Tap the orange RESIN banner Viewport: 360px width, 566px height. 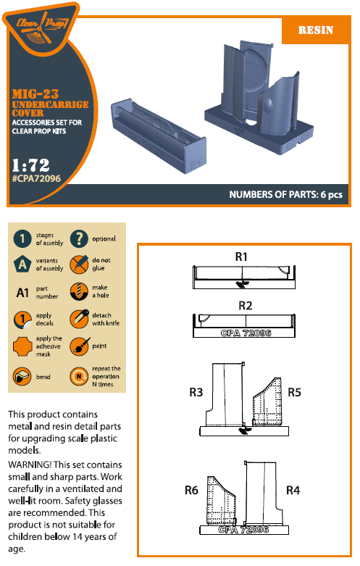point(316,30)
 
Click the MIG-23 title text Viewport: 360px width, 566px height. point(35,94)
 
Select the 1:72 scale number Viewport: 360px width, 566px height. point(30,165)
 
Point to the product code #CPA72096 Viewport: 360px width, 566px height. point(36,178)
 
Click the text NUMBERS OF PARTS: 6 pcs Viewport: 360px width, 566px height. point(285,194)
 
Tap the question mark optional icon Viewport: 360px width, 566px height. point(79,238)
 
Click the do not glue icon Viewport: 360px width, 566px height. point(79,265)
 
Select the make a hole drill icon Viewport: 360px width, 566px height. point(79,291)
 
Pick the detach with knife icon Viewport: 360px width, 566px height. point(79,319)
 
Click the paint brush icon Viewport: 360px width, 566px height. point(80,346)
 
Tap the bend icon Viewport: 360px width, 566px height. point(22,376)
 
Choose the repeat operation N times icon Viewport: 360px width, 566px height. point(79,377)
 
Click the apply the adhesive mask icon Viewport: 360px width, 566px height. point(22,346)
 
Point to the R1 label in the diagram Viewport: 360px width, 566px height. point(241,257)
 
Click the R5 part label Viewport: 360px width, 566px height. point(294,392)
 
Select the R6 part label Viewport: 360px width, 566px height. point(191,490)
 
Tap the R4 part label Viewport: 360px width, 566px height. point(293,490)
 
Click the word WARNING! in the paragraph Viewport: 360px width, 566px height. point(30,465)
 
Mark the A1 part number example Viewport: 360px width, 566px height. point(22,292)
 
